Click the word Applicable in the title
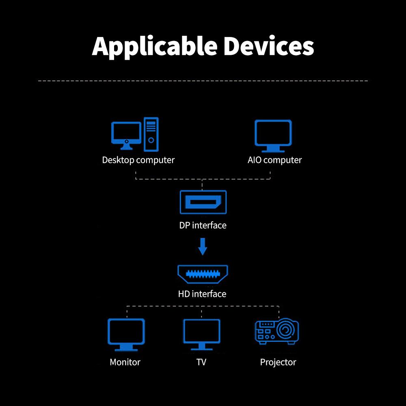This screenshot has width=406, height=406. pos(155,47)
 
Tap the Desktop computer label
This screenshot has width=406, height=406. pos(138,160)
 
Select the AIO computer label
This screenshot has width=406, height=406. pos(275,160)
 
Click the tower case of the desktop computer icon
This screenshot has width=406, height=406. pos(151,134)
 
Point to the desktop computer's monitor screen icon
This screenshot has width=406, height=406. pos(126,136)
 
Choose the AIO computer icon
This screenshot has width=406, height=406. pos(273,136)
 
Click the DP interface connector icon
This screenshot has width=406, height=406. pos(203,202)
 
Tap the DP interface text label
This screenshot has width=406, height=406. pos(203,225)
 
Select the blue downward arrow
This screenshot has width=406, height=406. pos(203,246)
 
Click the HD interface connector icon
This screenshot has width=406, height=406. pos(203,274)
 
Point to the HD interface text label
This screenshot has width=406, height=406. pos(202,294)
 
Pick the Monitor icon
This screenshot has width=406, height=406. pos(126,335)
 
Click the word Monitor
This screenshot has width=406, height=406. pos(125,362)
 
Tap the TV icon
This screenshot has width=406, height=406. pos(202,335)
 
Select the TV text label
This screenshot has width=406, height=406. pos(201,362)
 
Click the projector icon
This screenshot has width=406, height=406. pos(277,331)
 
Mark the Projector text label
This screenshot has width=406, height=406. pos(278,363)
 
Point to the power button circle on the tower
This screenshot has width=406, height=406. pos(151,140)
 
